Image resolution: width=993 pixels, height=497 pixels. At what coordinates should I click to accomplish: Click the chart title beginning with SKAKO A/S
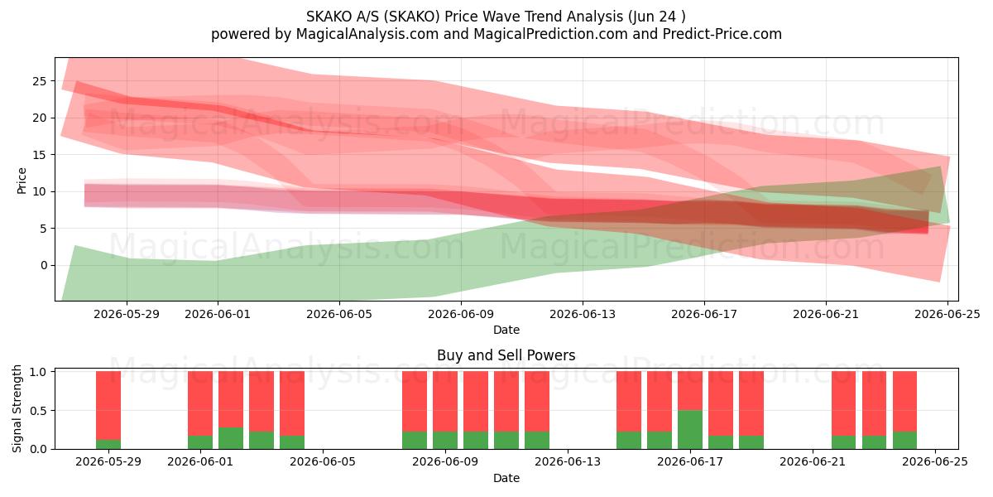pos(496,17)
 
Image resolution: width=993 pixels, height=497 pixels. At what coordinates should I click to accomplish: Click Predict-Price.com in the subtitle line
pos(722,34)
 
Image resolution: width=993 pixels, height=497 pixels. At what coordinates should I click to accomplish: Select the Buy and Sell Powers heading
pos(506,355)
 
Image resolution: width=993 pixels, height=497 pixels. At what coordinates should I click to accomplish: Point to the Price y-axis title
pos(22,181)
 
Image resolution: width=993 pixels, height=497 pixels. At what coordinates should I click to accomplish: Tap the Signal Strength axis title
pos(17,408)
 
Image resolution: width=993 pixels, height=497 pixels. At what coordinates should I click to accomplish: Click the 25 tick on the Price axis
pos(40,81)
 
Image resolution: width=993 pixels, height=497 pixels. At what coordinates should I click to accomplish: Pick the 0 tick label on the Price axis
pos(43,265)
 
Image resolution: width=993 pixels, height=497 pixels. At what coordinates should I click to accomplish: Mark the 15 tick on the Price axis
pos(40,155)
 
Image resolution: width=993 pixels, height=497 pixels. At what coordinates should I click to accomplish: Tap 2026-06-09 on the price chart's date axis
pos(461,314)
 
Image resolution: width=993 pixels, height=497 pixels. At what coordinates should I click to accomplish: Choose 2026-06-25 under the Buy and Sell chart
pos(935,462)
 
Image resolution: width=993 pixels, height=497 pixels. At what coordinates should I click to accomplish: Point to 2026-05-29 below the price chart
pos(127,314)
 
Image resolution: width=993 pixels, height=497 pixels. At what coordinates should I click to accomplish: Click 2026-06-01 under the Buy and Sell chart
pos(200,462)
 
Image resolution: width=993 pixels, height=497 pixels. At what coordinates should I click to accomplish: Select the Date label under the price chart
pos(506,330)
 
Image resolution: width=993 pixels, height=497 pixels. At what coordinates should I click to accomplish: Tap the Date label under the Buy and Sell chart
pos(506,478)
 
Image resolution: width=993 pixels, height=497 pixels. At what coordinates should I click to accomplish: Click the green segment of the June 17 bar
pos(690,430)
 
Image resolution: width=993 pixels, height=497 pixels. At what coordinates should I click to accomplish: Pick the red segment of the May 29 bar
pos(108,406)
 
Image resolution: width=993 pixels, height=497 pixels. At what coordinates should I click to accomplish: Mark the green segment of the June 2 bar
pos(231,438)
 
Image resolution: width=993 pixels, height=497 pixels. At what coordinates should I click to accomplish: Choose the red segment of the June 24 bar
pos(904,402)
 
